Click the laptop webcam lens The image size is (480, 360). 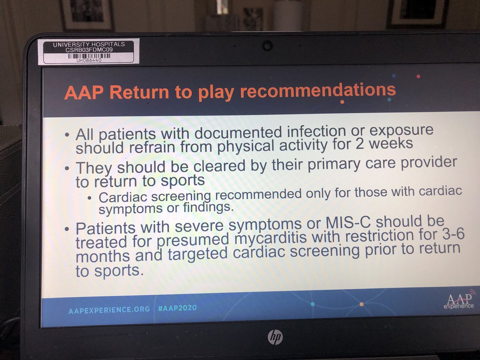click(267, 46)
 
